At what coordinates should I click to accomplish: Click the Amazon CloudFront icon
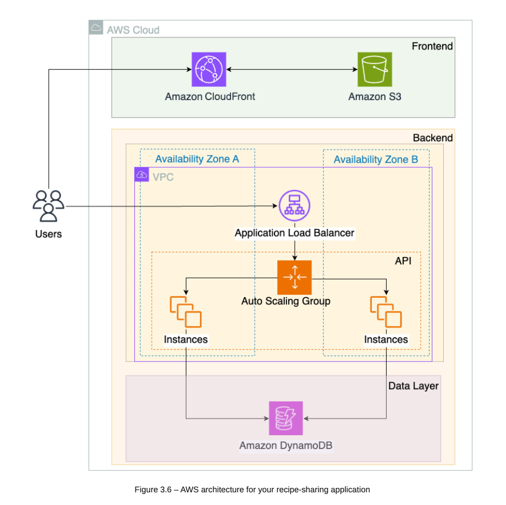pyautogui.click(x=208, y=69)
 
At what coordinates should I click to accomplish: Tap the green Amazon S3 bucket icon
pyautogui.click(x=375, y=69)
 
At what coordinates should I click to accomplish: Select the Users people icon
pyautogui.click(x=48, y=206)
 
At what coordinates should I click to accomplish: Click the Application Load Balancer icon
pyautogui.click(x=294, y=206)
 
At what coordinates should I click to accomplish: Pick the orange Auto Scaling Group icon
pyautogui.click(x=294, y=277)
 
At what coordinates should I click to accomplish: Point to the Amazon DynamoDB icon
pyautogui.click(x=285, y=418)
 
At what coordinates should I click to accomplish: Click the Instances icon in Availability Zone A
pyautogui.click(x=185, y=311)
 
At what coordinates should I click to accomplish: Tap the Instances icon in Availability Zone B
pyautogui.click(x=386, y=311)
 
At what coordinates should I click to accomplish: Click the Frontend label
pyautogui.click(x=432, y=46)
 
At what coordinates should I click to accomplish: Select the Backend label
pyautogui.click(x=433, y=138)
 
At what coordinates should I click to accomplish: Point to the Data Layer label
pyautogui.click(x=414, y=386)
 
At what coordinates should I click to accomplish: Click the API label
pyautogui.click(x=403, y=260)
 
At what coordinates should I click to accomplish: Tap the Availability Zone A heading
pyautogui.click(x=197, y=160)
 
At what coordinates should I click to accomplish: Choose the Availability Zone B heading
pyautogui.click(x=376, y=160)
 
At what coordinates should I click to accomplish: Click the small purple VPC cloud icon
pyautogui.click(x=142, y=175)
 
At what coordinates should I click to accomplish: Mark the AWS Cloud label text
pyautogui.click(x=133, y=30)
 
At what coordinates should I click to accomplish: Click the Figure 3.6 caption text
pyautogui.click(x=252, y=489)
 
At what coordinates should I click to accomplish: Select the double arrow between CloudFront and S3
pyautogui.click(x=290, y=70)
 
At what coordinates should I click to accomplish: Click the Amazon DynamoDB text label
pyautogui.click(x=286, y=445)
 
